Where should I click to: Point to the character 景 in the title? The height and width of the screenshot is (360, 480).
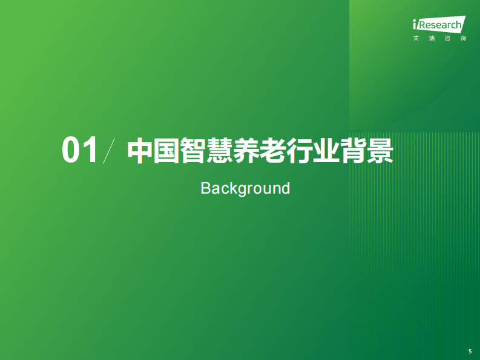click(381, 151)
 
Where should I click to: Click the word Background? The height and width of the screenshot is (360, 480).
click(245, 188)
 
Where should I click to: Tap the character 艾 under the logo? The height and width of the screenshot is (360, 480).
click(415, 39)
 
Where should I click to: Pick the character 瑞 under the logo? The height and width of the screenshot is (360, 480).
click(431, 39)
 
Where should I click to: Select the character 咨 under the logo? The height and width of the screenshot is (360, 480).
click(447, 39)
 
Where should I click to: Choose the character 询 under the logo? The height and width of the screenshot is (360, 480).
click(463, 39)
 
